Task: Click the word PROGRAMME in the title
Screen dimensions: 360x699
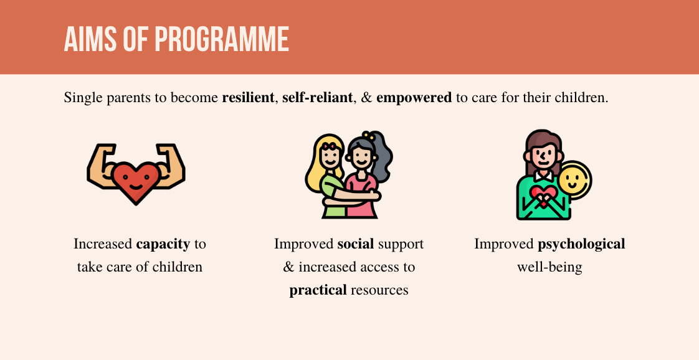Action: (x=222, y=39)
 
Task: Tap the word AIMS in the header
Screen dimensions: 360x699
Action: (x=90, y=39)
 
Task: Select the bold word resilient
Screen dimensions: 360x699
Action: (x=248, y=98)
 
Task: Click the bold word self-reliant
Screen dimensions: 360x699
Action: (x=318, y=98)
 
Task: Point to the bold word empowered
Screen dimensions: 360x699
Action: (x=414, y=98)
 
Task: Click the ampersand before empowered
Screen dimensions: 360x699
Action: (x=366, y=98)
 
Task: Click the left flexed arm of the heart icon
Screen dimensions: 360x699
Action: (x=100, y=165)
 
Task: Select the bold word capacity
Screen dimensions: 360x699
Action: (x=163, y=244)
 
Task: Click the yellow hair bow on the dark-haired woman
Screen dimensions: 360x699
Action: (x=369, y=135)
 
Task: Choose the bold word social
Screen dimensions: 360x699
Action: (x=355, y=244)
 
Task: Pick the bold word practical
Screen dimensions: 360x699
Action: (x=318, y=290)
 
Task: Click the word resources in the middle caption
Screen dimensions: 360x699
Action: (x=379, y=290)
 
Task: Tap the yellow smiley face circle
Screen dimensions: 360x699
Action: (x=574, y=181)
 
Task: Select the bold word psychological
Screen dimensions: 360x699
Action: (x=581, y=244)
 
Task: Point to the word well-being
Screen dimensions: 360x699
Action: (x=549, y=267)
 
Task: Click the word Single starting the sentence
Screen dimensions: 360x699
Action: (x=82, y=98)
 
